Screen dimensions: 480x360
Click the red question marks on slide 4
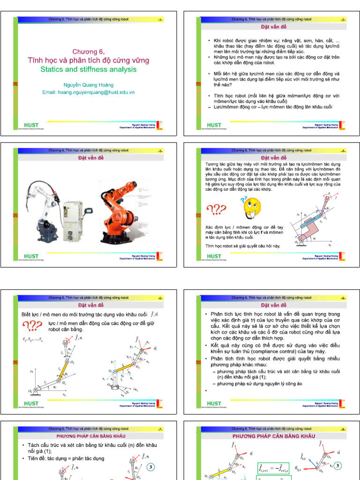click(216, 210)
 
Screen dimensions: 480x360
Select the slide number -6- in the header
click(343, 298)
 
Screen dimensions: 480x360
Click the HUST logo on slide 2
click(214, 125)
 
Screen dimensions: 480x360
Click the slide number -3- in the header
click(160, 151)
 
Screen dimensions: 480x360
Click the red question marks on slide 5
click(33, 326)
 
